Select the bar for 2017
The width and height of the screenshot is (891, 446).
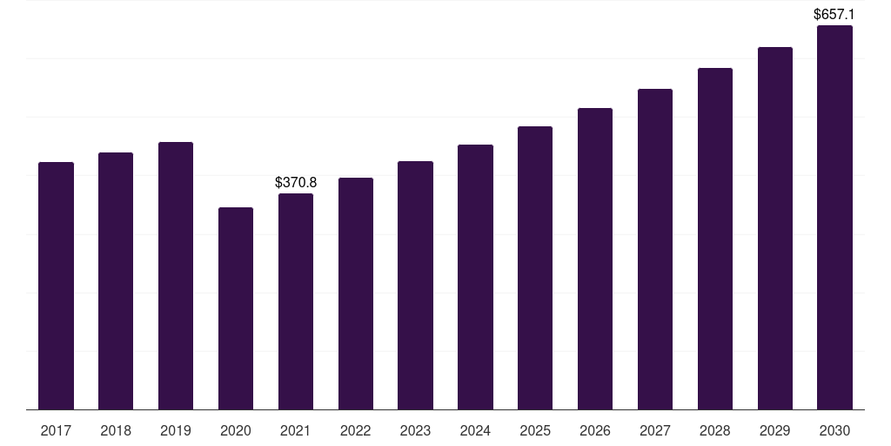(56, 286)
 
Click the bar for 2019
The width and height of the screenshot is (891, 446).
(176, 276)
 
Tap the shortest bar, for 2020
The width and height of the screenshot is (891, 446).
(236, 308)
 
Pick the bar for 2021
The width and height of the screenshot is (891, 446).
(296, 301)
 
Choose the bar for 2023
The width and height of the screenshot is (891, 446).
(415, 286)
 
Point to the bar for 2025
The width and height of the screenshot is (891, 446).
(535, 268)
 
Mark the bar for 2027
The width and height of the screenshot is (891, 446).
(655, 249)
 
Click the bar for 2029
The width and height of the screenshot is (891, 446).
(775, 228)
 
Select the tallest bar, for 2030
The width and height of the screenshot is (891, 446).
(834, 217)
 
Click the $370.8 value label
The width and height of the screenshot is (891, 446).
(296, 182)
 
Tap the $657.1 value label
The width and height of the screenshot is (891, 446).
(834, 14)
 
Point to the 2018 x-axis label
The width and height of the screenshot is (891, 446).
(116, 430)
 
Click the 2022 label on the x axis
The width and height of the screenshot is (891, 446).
(356, 430)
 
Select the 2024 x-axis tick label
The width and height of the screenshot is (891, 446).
(475, 430)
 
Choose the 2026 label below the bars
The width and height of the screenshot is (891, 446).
(595, 430)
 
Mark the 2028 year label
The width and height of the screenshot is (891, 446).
(715, 430)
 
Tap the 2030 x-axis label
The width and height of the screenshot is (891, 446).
(834, 430)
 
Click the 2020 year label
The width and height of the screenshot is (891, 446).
(236, 430)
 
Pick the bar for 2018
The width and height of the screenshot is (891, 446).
(116, 281)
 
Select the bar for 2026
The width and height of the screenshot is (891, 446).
(595, 259)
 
